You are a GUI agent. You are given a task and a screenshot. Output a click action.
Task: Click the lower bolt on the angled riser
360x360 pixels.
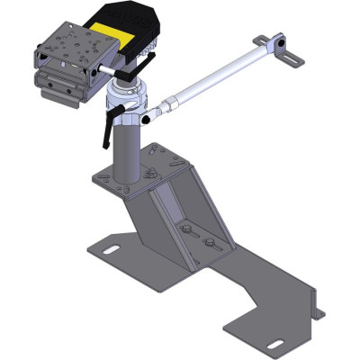210,245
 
